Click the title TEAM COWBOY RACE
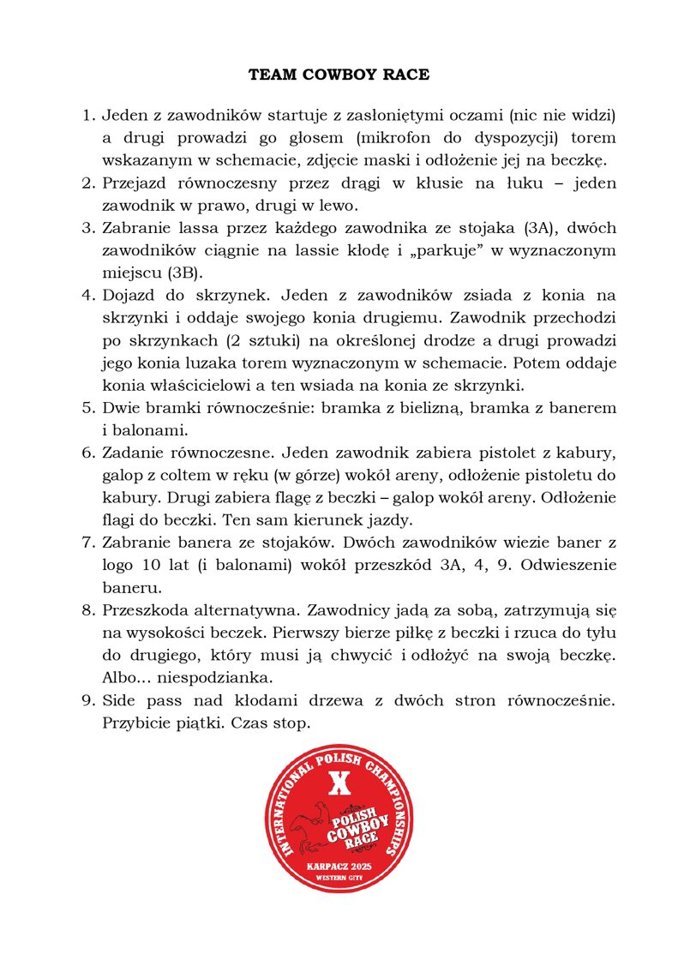click(x=339, y=75)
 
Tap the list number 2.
click(x=87, y=183)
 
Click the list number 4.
click(x=87, y=296)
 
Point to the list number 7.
click(x=87, y=543)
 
